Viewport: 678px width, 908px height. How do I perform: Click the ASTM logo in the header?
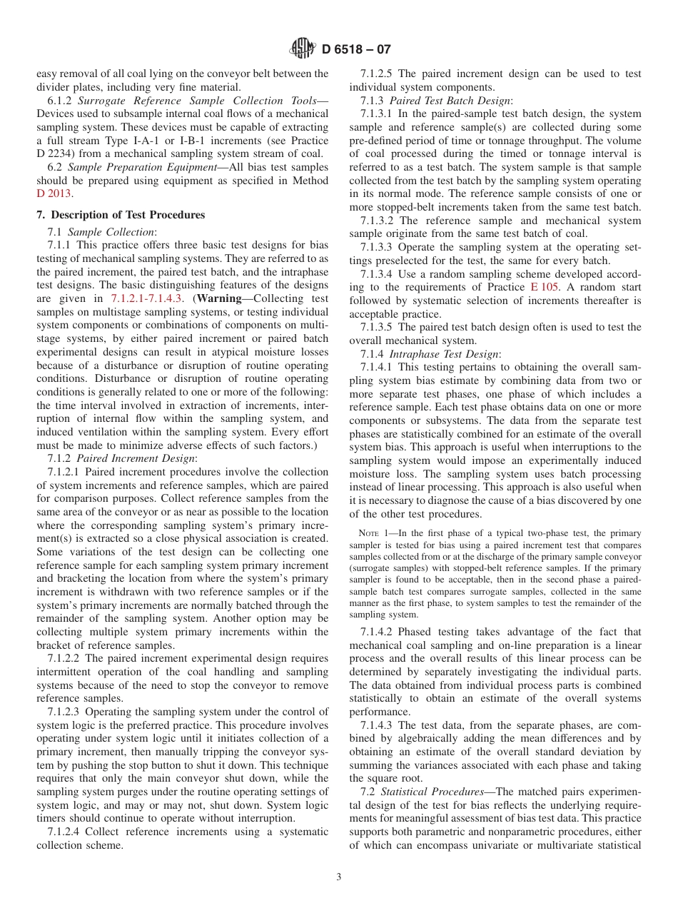coord(305,49)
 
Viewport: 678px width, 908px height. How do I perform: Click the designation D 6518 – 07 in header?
coord(356,49)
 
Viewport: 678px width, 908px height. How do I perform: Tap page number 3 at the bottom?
coord(339,877)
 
